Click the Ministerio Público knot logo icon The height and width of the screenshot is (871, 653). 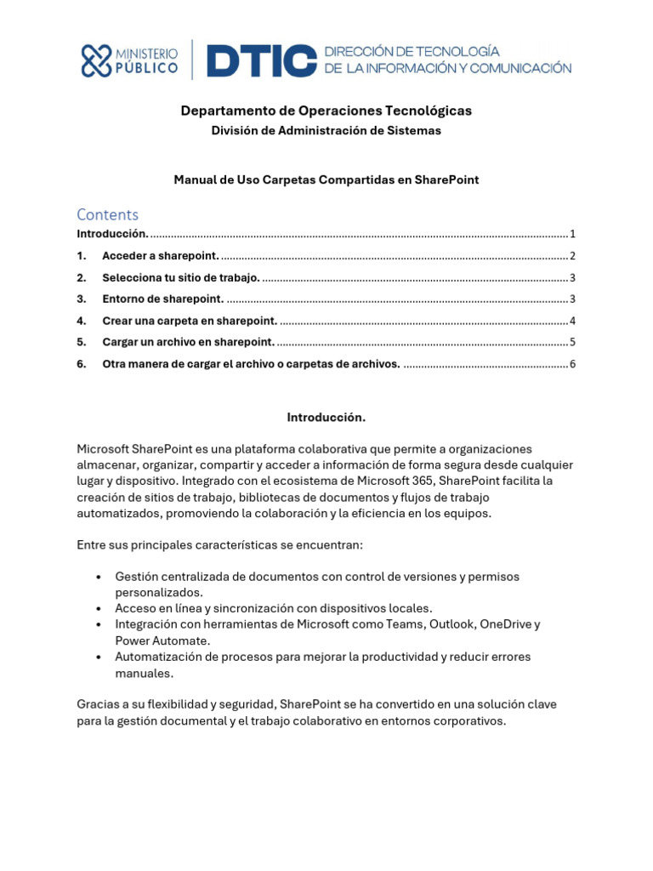pyautogui.click(x=96, y=61)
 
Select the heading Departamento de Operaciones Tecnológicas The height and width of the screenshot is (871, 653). pyautogui.click(x=326, y=111)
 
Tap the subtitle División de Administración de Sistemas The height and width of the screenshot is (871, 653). pyautogui.click(x=326, y=130)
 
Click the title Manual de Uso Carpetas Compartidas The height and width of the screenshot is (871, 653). pyautogui.click(x=326, y=179)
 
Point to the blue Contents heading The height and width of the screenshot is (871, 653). pyautogui.click(x=107, y=214)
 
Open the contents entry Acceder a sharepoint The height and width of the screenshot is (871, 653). pyautogui.click(x=160, y=256)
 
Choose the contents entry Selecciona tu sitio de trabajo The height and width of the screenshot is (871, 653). pyautogui.click(x=180, y=277)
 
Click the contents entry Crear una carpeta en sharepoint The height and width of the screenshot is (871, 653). pyautogui.click(x=190, y=321)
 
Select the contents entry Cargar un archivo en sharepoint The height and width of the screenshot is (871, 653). pyautogui.click(x=188, y=342)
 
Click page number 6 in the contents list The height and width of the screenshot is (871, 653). pyautogui.click(x=573, y=364)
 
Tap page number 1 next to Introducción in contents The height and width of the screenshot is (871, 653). pyautogui.click(x=573, y=234)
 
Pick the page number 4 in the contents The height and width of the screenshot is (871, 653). pyautogui.click(x=573, y=321)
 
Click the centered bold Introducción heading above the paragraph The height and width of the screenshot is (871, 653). pyautogui.click(x=326, y=418)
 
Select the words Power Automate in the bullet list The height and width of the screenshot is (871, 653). pyautogui.click(x=162, y=640)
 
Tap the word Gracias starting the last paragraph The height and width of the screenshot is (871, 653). pyautogui.click(x=99, y=705)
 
